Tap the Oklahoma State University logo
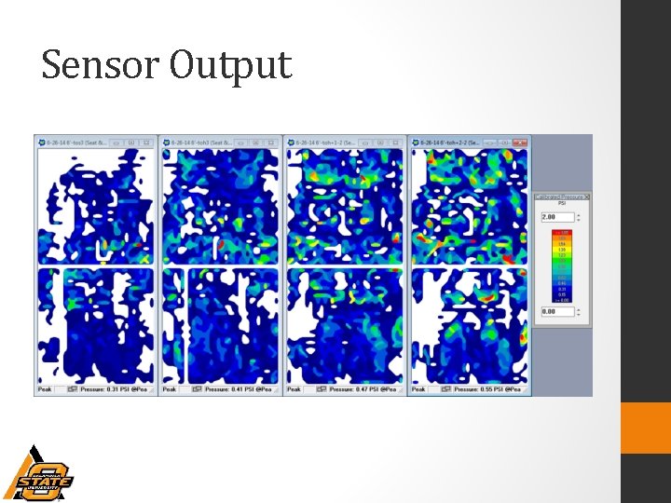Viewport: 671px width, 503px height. pyautogui.click(x=38, y=475)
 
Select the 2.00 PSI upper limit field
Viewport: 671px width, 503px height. pyautogui.click(x=555, y=217)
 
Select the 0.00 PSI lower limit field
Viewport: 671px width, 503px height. pyautogui.click(x=555, y=312)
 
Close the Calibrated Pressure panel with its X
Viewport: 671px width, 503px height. pyautogui.click(x=586, y=197)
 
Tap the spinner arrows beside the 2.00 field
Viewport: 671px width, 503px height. pyautogui.click(x=580, y=217)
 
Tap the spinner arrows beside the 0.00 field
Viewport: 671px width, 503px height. pyautogui.click(x=580, y=312)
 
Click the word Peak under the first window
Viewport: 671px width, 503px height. pyautogui.click(x=44, y=389)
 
